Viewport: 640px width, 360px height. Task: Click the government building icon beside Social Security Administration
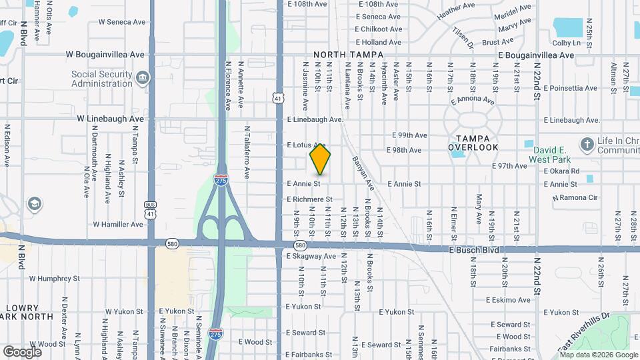pos(142,79)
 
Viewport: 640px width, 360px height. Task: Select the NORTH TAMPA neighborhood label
pos(349,55)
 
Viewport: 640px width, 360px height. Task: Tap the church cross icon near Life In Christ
pos(587,144)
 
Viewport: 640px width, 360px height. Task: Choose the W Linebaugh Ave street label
pos(110,119)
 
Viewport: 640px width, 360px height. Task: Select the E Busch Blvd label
pos(472,250)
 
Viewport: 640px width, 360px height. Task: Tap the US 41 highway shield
pos(277,98)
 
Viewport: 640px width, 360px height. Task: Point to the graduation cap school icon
pos(34,203)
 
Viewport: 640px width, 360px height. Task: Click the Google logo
pos(22,351)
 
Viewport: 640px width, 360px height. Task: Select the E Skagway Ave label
pos(311,256)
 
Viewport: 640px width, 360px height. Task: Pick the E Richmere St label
pos(309,199)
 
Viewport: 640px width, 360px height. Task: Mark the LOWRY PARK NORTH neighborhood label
pos(26,312)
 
